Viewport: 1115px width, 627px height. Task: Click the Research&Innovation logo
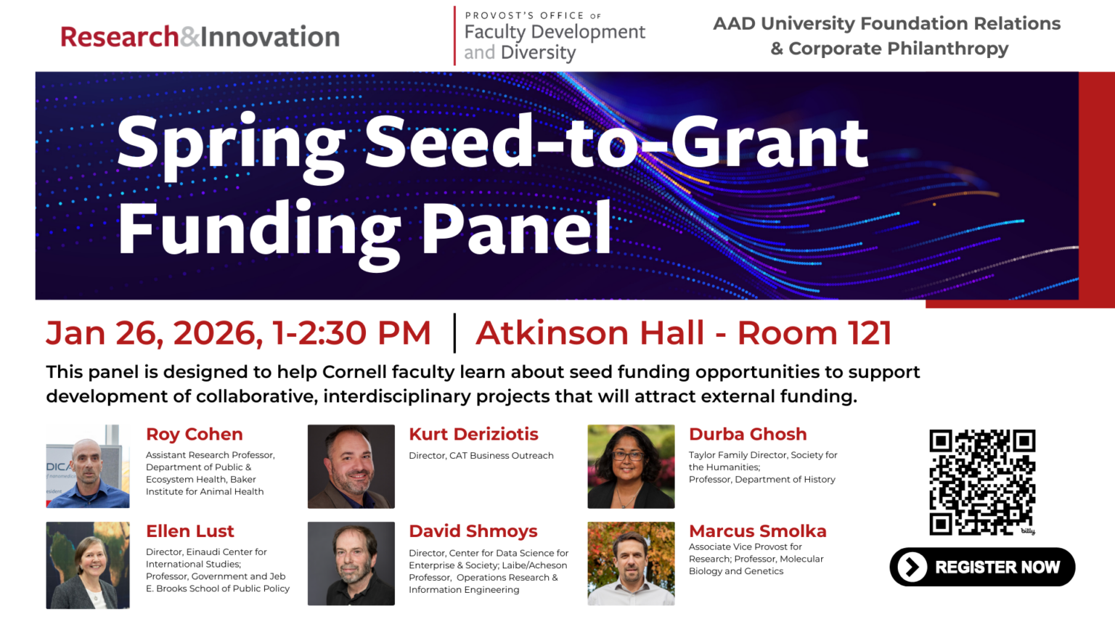point(200,37)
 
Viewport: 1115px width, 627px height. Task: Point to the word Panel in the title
point(516,229)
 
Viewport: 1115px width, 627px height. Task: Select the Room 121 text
point(814,333)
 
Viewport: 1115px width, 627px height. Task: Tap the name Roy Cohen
point(194,434)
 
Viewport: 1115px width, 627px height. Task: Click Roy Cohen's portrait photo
point(88,466)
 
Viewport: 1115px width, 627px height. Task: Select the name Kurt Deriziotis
point(473,434)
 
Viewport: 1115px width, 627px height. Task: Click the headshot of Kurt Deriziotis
point(351,466)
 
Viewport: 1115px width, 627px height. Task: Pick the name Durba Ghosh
point(748,434)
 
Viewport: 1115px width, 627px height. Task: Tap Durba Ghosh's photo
point(631,466)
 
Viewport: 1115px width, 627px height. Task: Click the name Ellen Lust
point(189,531)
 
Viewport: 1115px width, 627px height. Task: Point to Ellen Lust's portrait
point(88,565)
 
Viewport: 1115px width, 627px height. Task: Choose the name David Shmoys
point(473,531)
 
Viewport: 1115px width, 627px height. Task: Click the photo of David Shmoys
point(351,563)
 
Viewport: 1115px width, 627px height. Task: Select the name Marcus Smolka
point(757,531)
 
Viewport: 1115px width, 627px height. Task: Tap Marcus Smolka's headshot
point(631,563)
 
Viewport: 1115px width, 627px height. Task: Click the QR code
point(982,482)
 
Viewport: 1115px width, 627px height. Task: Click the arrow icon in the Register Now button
point(912,567)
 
